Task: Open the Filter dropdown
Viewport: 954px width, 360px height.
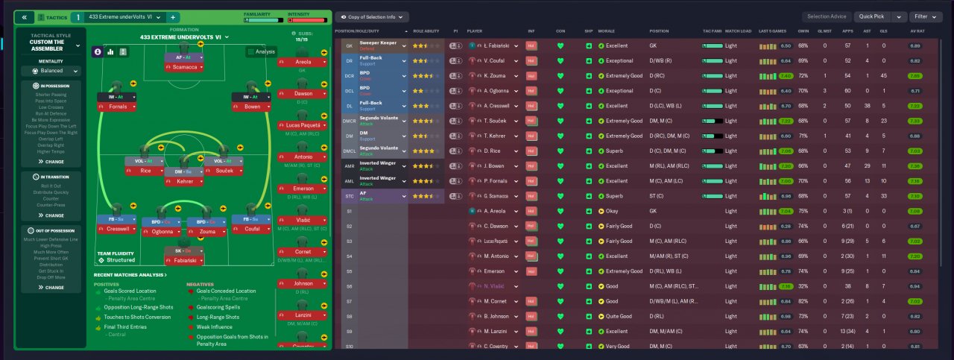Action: pos(927,16)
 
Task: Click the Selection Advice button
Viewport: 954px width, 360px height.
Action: pos(827,16)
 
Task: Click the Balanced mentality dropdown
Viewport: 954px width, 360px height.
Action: pos(51,71)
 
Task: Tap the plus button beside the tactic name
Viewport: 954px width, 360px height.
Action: pos(173,16)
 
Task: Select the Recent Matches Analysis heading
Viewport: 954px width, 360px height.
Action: pos(130,275)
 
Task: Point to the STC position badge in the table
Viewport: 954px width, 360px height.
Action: pos(348,196)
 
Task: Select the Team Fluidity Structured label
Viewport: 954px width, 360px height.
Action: pos(116,256)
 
